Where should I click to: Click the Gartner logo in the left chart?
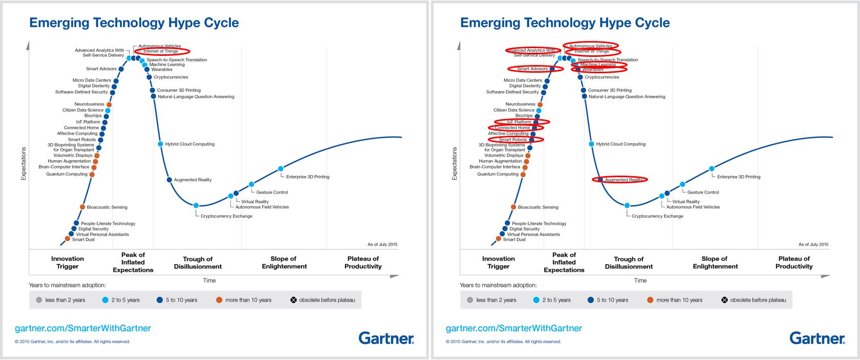pos(386,338)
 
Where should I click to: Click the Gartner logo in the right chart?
pos(817,338)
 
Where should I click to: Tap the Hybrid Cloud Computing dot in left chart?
pos(160,144)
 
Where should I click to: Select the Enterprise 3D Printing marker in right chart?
pos(712,169)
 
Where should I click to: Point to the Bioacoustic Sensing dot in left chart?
pos(82,207)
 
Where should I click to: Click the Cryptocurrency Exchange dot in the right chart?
pos(627,205)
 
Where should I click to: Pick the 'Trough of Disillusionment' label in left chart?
pos(198,263)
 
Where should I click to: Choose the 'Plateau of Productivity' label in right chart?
pos(794,263)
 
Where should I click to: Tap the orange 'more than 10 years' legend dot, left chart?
pos(219,300)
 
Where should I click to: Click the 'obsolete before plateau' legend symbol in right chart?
pos(724,300)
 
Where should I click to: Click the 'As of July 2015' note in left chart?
pos(382,244)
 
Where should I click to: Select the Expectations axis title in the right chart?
pos(454,163)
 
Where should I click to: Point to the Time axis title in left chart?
pos(209,280)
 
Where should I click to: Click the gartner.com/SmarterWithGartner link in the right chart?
pos(514,328)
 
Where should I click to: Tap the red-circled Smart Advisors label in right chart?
pos(532,69)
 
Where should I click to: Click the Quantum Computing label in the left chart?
pos(67,174)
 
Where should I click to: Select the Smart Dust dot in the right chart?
pos(499,239)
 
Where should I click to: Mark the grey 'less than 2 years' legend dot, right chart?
pos(470,300)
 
